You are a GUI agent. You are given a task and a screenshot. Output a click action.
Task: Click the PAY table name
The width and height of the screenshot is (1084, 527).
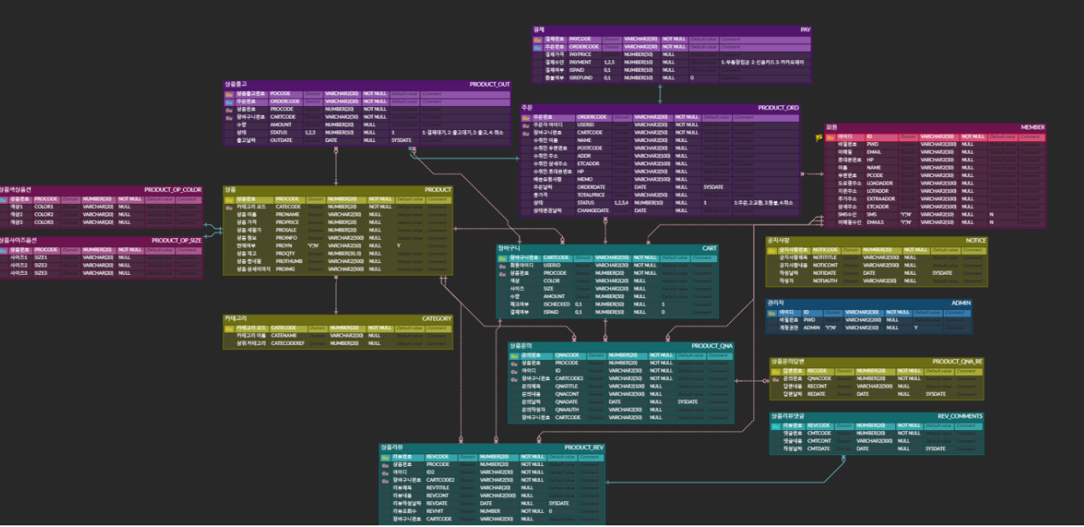805,29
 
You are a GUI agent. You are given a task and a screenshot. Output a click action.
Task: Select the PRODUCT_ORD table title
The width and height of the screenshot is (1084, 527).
778,108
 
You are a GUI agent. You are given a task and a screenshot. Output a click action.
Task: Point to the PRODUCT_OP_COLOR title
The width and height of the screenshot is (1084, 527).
173,190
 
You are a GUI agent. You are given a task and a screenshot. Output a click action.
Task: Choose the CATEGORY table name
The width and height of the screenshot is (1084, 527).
436,318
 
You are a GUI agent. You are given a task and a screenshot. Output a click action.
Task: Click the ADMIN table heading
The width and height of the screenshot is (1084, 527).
960,303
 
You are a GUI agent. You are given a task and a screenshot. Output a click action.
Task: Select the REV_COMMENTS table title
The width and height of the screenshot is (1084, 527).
959,416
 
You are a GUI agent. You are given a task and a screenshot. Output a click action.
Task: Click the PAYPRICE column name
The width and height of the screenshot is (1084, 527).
581,54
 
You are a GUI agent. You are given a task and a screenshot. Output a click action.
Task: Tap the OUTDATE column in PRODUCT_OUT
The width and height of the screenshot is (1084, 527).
281,140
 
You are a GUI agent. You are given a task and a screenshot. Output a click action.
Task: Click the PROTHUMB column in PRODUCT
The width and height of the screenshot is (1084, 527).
288,261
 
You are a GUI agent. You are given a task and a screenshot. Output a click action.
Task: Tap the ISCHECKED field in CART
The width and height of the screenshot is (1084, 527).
557,304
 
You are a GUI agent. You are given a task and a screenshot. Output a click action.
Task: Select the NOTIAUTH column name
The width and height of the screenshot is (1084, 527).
825,281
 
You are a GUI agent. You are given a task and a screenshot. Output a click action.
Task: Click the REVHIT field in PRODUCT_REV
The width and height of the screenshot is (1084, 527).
436,510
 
